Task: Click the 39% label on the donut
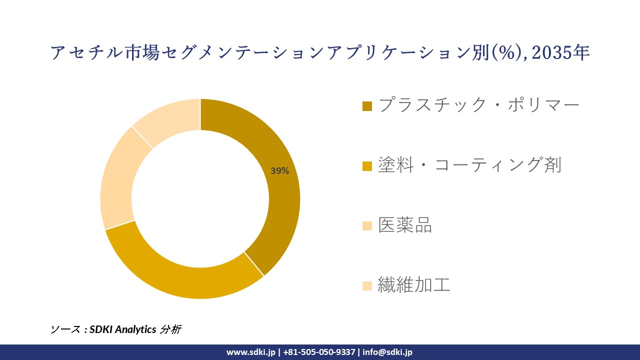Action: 279,171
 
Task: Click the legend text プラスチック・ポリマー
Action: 478,105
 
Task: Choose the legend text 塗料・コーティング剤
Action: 469,165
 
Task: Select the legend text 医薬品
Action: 404,225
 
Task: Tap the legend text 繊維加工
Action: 414,285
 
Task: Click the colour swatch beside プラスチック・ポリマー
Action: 367,106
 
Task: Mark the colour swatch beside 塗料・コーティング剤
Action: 367,166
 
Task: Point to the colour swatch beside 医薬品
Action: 367,226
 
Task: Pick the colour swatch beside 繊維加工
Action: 367,286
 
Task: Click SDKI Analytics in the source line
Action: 123,329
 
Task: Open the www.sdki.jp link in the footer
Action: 251,352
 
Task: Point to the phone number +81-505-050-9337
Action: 319,352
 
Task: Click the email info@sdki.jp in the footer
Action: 387,352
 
